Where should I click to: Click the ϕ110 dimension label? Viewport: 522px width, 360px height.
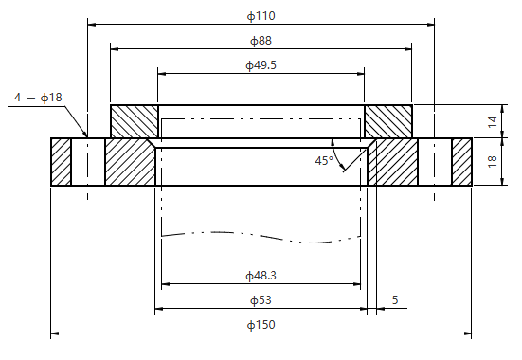[261, 16]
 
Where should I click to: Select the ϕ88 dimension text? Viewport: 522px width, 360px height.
[261, 41]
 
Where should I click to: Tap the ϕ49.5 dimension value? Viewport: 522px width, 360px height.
[261, 65]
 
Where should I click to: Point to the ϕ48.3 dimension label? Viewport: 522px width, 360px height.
[261, 276]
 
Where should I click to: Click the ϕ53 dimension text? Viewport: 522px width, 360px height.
[261, 300]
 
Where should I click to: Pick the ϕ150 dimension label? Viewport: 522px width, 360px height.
[261, 325]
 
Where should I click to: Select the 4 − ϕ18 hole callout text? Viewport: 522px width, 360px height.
[38, 98]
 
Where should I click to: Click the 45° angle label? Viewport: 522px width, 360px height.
[324, 161]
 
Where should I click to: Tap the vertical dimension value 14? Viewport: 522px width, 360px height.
[493, 121]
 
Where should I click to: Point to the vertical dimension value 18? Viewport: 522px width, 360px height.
[493, 161]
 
